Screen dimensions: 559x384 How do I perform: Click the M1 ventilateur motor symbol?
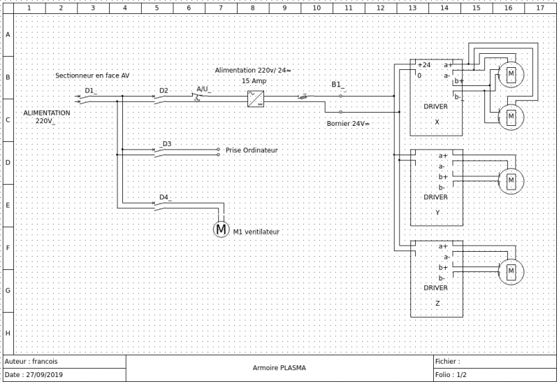[x=221, y=229]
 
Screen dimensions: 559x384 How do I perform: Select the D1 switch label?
[x=90, y=91]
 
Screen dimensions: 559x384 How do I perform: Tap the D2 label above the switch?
[x=164, y=91]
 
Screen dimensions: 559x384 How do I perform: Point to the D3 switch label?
[x=166, y=144]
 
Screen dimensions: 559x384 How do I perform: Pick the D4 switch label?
[x=164, y=197]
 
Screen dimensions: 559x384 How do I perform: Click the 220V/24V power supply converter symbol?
[x=256, y=99]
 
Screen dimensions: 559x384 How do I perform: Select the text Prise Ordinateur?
[x=252, y=150]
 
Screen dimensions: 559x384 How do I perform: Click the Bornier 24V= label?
[x=348, y=124]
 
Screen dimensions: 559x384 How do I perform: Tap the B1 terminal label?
[x=337, y=85]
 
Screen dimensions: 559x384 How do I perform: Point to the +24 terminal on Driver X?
[x=424, y=65]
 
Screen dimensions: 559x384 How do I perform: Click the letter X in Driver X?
[x=437, y=122]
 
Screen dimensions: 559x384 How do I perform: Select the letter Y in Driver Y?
[x=437, y=213]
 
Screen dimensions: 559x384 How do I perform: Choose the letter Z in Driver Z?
[x=437, y=303]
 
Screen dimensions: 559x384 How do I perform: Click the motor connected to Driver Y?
[x=511, y=181]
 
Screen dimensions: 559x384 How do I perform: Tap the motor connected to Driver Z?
[x=511, y=271]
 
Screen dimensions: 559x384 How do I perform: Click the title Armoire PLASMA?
[x=279, y=368]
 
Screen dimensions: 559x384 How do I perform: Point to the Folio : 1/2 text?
[x=451, y=375]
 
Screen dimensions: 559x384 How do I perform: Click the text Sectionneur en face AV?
[x=92, y=76]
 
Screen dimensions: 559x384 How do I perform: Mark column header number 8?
[x=253, y=8]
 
